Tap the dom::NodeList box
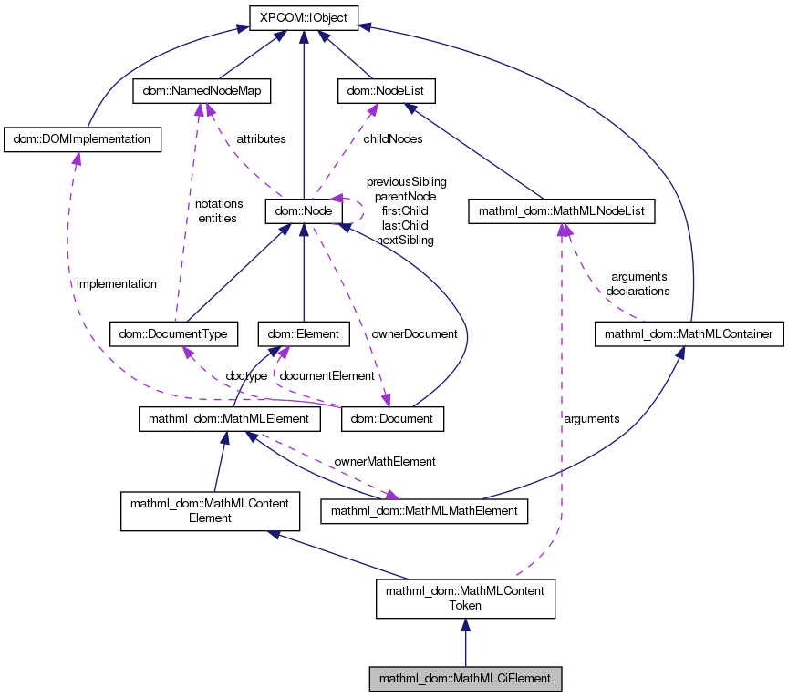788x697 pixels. click(x=386, y=91)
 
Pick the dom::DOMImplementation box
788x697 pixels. click(x=83, y=139)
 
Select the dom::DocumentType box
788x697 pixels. click(x=173, y=334)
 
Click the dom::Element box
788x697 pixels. click(x=303, y=334)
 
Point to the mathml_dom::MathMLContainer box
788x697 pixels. click(x=689, y=334)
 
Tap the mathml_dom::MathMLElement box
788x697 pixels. click(x=229, y=419)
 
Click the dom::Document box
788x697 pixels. click(x=392, y=419)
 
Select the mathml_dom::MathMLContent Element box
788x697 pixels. click(x=211, y=510)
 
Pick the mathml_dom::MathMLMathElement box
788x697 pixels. click(x=424, y=511)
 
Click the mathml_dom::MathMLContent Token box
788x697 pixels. click(x=465, y=598)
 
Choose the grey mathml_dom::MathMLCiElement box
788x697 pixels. click(x=465, y=679)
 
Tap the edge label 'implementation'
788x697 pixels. click(x=117, y=283)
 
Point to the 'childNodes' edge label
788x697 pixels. click(x=393, y=139)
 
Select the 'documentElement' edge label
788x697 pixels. click(x=327, y=375)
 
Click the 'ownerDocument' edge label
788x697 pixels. click(x=414, y=333)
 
